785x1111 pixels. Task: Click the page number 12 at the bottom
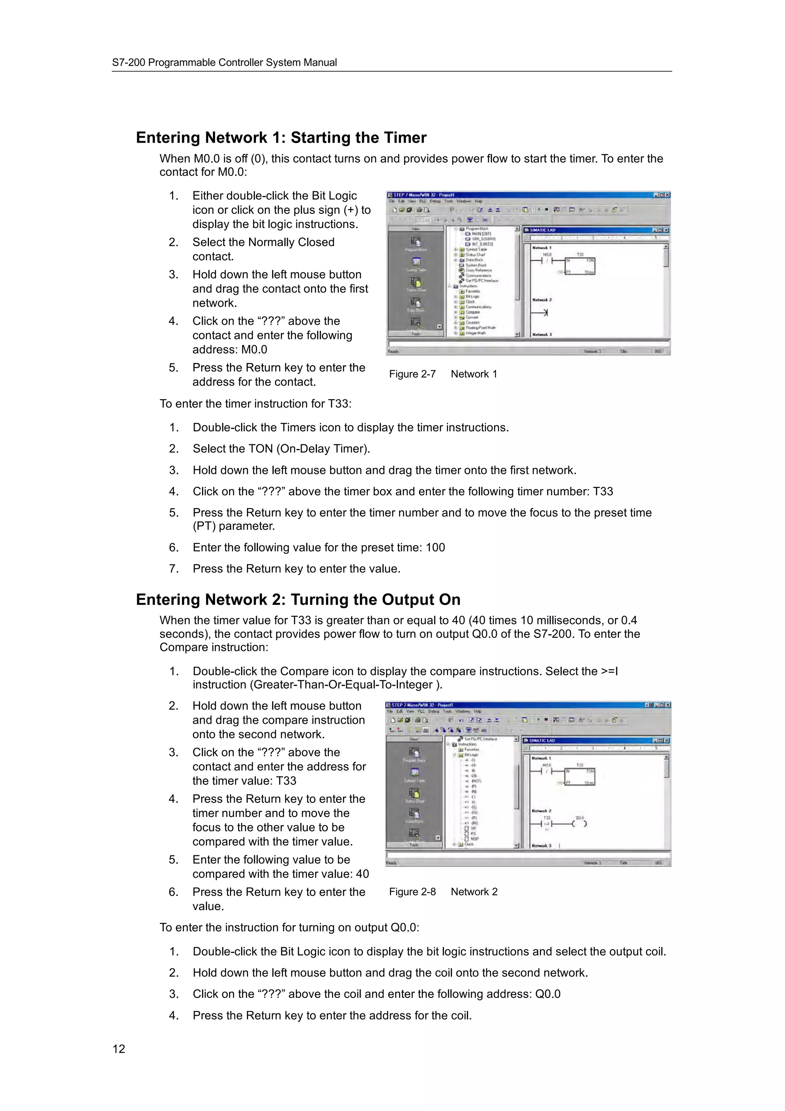[118, 1049]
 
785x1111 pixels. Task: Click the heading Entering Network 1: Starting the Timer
[281, 137]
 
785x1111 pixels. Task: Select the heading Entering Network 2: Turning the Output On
[298, 599]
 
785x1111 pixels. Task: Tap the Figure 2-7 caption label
[412, 374]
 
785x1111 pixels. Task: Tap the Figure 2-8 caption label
[412, 891]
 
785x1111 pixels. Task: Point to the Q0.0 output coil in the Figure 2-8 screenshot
[580, 823]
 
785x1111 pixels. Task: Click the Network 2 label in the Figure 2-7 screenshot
[542, 300]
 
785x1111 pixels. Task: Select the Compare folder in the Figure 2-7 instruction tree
[473, 312]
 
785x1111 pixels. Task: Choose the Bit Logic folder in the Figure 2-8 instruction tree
[471, 755]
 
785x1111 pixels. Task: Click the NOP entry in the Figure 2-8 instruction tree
[475, 838]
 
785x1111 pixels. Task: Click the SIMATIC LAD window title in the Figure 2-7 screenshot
[542, 230]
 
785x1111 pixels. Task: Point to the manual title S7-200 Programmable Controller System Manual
[225, 62]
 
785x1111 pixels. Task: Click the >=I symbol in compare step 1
[609, 671]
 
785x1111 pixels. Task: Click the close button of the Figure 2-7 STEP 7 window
[667, 195]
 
